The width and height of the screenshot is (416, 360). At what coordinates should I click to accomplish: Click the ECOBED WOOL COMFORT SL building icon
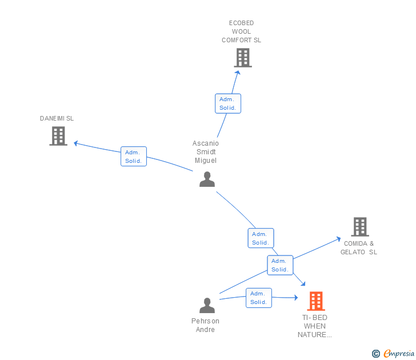(243, 58)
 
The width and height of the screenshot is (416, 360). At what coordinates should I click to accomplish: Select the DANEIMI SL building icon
(58, 136)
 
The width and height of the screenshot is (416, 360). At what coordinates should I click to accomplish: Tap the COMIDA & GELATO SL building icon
(359, 227)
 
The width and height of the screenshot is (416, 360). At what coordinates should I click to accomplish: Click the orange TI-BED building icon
(316, 301)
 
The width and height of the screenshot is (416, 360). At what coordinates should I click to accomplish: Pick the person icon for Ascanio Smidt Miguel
(207, 179)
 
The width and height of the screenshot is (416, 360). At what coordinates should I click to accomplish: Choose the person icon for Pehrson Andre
(207, 305)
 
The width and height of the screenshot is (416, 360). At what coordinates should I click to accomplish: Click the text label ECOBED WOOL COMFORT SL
(241, 32)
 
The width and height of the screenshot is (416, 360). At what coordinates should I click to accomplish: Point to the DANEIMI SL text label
(57, 119)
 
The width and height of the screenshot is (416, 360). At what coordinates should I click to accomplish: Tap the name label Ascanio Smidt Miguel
(206, 152)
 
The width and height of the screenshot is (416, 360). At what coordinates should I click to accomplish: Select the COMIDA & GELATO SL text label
(359, 248)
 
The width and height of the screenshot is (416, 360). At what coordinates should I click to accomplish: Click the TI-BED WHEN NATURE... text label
(314, 326)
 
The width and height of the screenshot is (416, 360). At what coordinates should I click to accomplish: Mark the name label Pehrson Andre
(205, 325)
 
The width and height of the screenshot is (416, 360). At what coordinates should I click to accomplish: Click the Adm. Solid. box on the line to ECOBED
(227, 103)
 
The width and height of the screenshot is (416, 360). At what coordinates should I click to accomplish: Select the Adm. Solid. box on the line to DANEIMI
(134, 156)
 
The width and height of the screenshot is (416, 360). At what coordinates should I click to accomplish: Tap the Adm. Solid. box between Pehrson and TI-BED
(259, 298)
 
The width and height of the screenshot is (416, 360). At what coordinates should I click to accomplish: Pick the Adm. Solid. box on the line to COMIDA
(280, 265)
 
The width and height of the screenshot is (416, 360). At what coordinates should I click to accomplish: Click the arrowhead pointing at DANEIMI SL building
(76, 143)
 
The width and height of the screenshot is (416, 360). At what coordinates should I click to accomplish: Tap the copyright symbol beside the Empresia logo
(376, 354)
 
